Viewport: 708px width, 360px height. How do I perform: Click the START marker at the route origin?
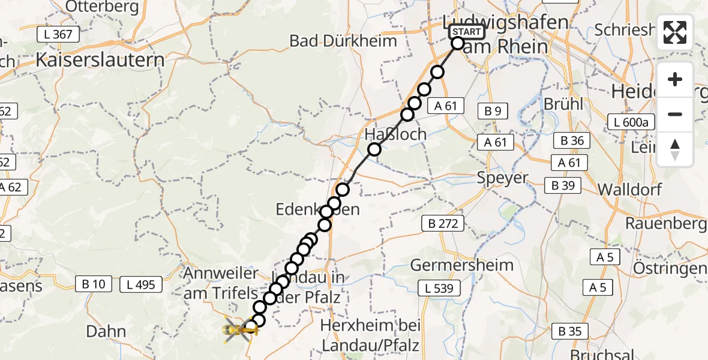pos(466,32)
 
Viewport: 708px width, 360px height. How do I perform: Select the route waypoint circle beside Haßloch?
pos(374,149)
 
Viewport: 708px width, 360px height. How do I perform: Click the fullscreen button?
pos(675,32)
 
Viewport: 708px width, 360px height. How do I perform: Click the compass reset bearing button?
pos(675,149)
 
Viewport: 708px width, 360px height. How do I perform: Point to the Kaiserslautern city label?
pos(100,60)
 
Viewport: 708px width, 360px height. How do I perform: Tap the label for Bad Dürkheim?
pos(343,41)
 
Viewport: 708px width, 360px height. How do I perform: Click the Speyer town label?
pos(503,178)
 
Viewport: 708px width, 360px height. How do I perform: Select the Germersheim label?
pos(462,265)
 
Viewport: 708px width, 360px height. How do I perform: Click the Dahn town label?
pos(106,331)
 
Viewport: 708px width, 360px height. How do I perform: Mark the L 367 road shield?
pos(58,34)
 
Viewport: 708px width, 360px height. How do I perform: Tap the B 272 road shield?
pos(443,224)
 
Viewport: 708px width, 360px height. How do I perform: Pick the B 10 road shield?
pos(93,284)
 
